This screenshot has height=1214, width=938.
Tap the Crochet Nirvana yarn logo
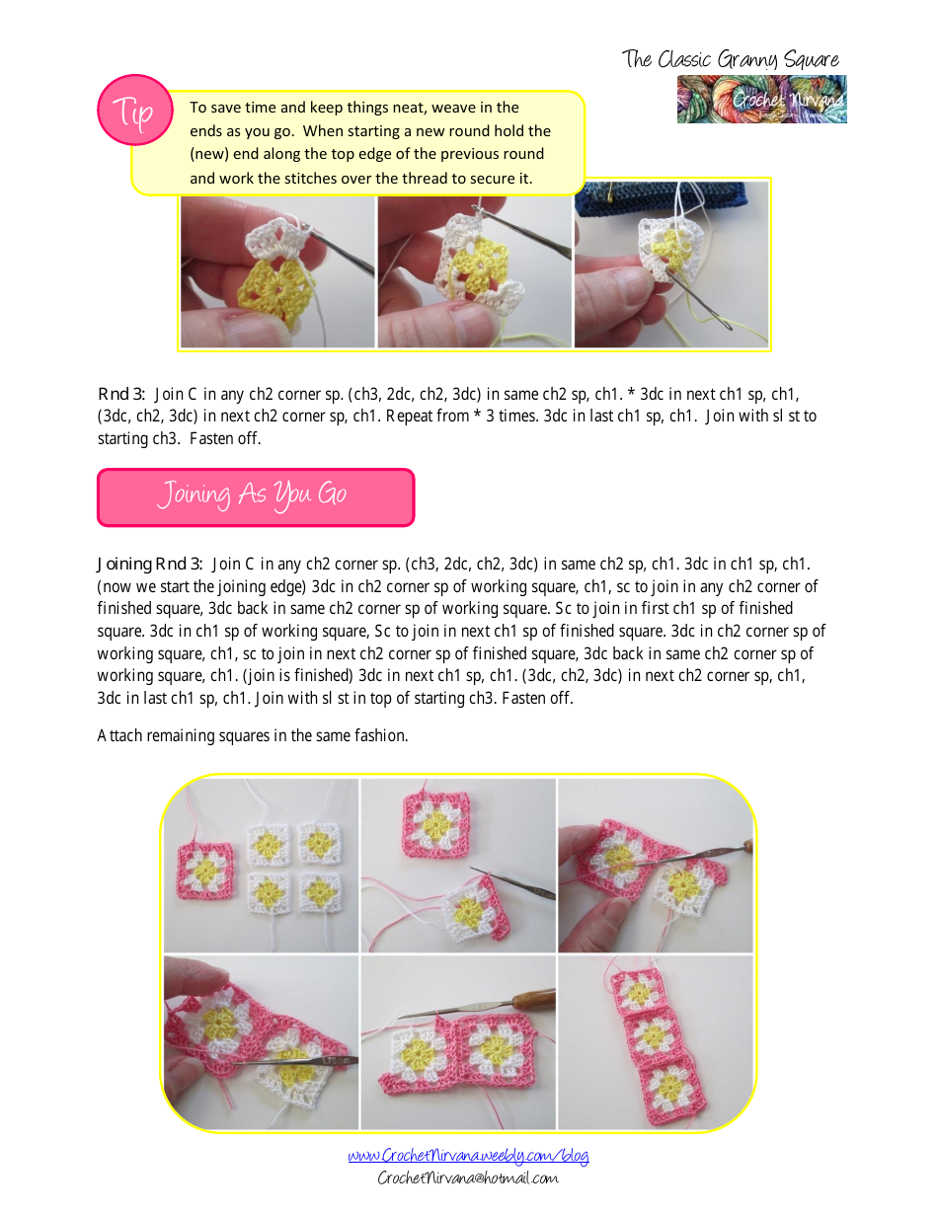[761, 100]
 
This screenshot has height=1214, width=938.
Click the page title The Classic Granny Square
[730, 59]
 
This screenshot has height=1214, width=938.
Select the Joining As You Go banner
[255, 496]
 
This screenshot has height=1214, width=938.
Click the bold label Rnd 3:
[121, 394]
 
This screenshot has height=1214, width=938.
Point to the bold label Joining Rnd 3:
[150, 565]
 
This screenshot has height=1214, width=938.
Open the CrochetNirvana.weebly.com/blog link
[468, 1156]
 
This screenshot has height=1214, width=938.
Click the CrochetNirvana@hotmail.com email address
[468, 1177]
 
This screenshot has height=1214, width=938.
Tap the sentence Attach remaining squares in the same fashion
[252, 735]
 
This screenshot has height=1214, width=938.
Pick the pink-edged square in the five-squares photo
[205, 869]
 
